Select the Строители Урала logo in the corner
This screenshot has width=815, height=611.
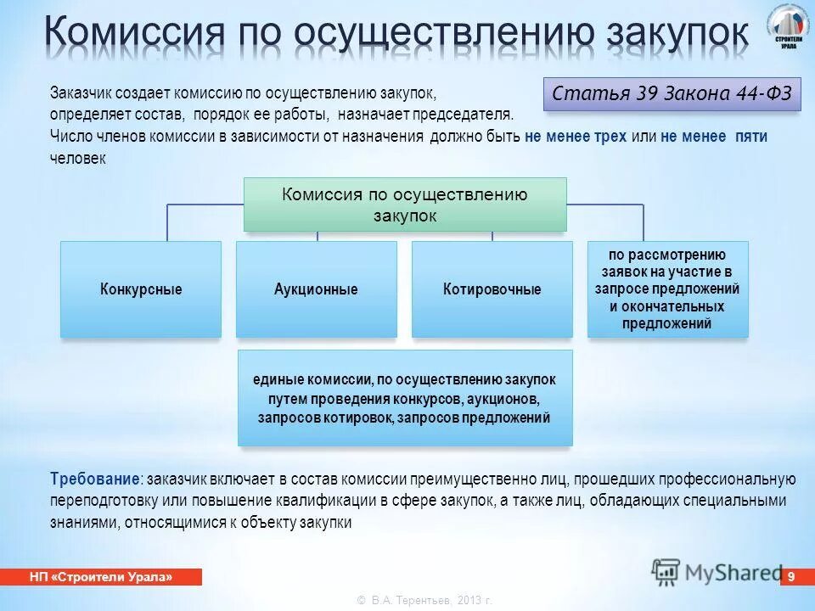coord(788,27)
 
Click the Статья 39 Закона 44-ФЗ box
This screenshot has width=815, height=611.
coord(671,92)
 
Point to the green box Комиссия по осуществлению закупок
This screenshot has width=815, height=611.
coord(405,205)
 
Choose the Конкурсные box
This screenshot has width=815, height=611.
coord(141,289)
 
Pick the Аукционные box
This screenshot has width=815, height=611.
coord(316,289)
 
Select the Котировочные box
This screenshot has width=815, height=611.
coord(492,289)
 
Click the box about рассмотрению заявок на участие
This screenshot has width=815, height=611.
coord(668,289)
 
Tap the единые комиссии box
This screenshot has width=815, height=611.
coord(405,399)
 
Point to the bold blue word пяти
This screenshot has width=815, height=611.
coord(751,136)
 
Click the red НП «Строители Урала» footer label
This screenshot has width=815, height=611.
coord(101,577)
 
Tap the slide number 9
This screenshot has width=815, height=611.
coord(790,577)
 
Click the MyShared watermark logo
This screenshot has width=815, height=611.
coord(717,570)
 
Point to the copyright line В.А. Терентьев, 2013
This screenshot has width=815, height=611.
coord(424,600)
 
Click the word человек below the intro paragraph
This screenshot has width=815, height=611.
coord(78,158)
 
